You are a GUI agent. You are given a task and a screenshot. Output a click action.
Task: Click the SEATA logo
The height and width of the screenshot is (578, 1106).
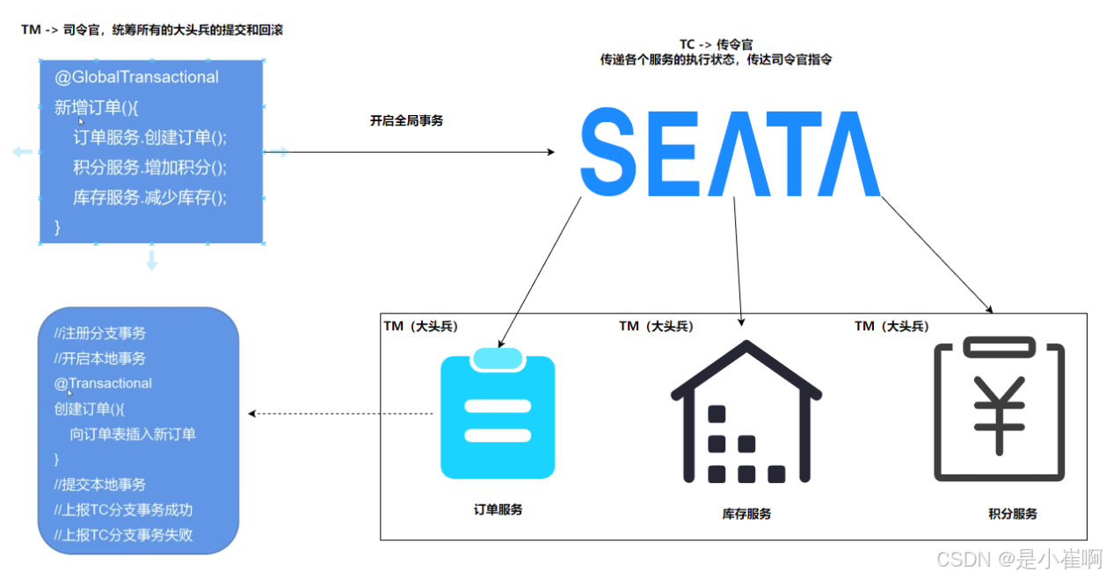[x=730, y=152]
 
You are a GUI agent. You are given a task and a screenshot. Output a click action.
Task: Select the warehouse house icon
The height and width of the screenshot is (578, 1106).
[x=746, y=414]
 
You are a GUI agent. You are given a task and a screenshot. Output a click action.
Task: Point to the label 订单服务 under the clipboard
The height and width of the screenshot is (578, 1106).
[x=498, y=509]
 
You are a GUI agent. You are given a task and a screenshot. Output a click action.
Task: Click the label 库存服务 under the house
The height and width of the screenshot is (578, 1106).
[x=746, y=513]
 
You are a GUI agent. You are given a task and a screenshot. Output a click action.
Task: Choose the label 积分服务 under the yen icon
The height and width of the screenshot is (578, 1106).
[x=1012, y=513]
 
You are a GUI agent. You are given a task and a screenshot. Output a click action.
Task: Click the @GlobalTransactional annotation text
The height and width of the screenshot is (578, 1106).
[x=137, y=77]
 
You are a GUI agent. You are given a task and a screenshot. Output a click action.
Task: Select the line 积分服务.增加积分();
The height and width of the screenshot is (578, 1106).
[x=150, y=167]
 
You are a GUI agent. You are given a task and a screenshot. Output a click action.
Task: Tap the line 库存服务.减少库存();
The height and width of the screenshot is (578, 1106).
[x=150, y=197]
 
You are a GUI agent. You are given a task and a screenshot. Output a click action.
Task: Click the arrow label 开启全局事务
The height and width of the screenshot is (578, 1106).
[x=406, y=121]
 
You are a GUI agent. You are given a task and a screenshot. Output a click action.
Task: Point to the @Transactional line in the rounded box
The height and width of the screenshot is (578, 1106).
[x=103, y=383]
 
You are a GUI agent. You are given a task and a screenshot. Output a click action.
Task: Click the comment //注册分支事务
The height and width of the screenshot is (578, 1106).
[x=99, y=333]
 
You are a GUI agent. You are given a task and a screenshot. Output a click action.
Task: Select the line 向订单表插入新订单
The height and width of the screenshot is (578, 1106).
[x=133, y=434]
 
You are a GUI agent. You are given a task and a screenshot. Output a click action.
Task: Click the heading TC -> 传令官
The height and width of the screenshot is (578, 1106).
[x=716, y=44]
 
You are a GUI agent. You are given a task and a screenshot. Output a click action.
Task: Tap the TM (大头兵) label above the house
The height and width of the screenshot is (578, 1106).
[x=656, y=326]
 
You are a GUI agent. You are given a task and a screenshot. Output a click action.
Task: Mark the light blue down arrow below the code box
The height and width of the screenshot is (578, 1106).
[x=151, y=260]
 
